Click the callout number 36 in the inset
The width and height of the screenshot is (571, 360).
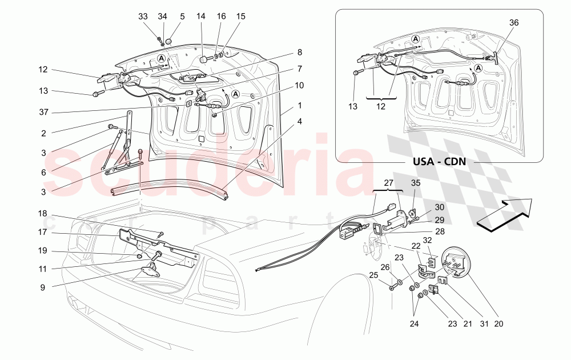[x=514, y=23]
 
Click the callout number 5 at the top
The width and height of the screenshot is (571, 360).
[x=182, y=17]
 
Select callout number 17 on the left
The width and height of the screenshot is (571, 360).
[x=43, y=233]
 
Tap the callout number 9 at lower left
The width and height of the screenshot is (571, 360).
[x=43, y=287]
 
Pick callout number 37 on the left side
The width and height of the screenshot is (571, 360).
[x=43, y=111]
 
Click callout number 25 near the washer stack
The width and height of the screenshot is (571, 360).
[x=373, y=275]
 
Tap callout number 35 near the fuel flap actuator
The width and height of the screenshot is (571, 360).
[x=416, y=183]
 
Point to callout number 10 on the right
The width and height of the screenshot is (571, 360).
[x=299, y=85]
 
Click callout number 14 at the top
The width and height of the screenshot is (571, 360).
[x=201, y=17]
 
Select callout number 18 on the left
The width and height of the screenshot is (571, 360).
[x=43, y=214]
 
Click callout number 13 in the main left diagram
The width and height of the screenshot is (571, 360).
[x=43, y=91]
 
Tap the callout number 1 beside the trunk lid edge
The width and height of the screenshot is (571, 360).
[x=299, y=106]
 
